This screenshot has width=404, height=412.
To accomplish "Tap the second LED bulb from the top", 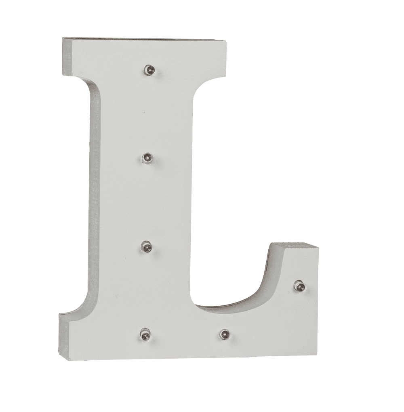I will [147, 157].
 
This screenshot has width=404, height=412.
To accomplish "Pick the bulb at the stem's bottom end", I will [145, 333].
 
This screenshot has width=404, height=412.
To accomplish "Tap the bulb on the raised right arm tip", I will [299, 286].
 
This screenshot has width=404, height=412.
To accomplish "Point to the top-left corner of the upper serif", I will [63, 38].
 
